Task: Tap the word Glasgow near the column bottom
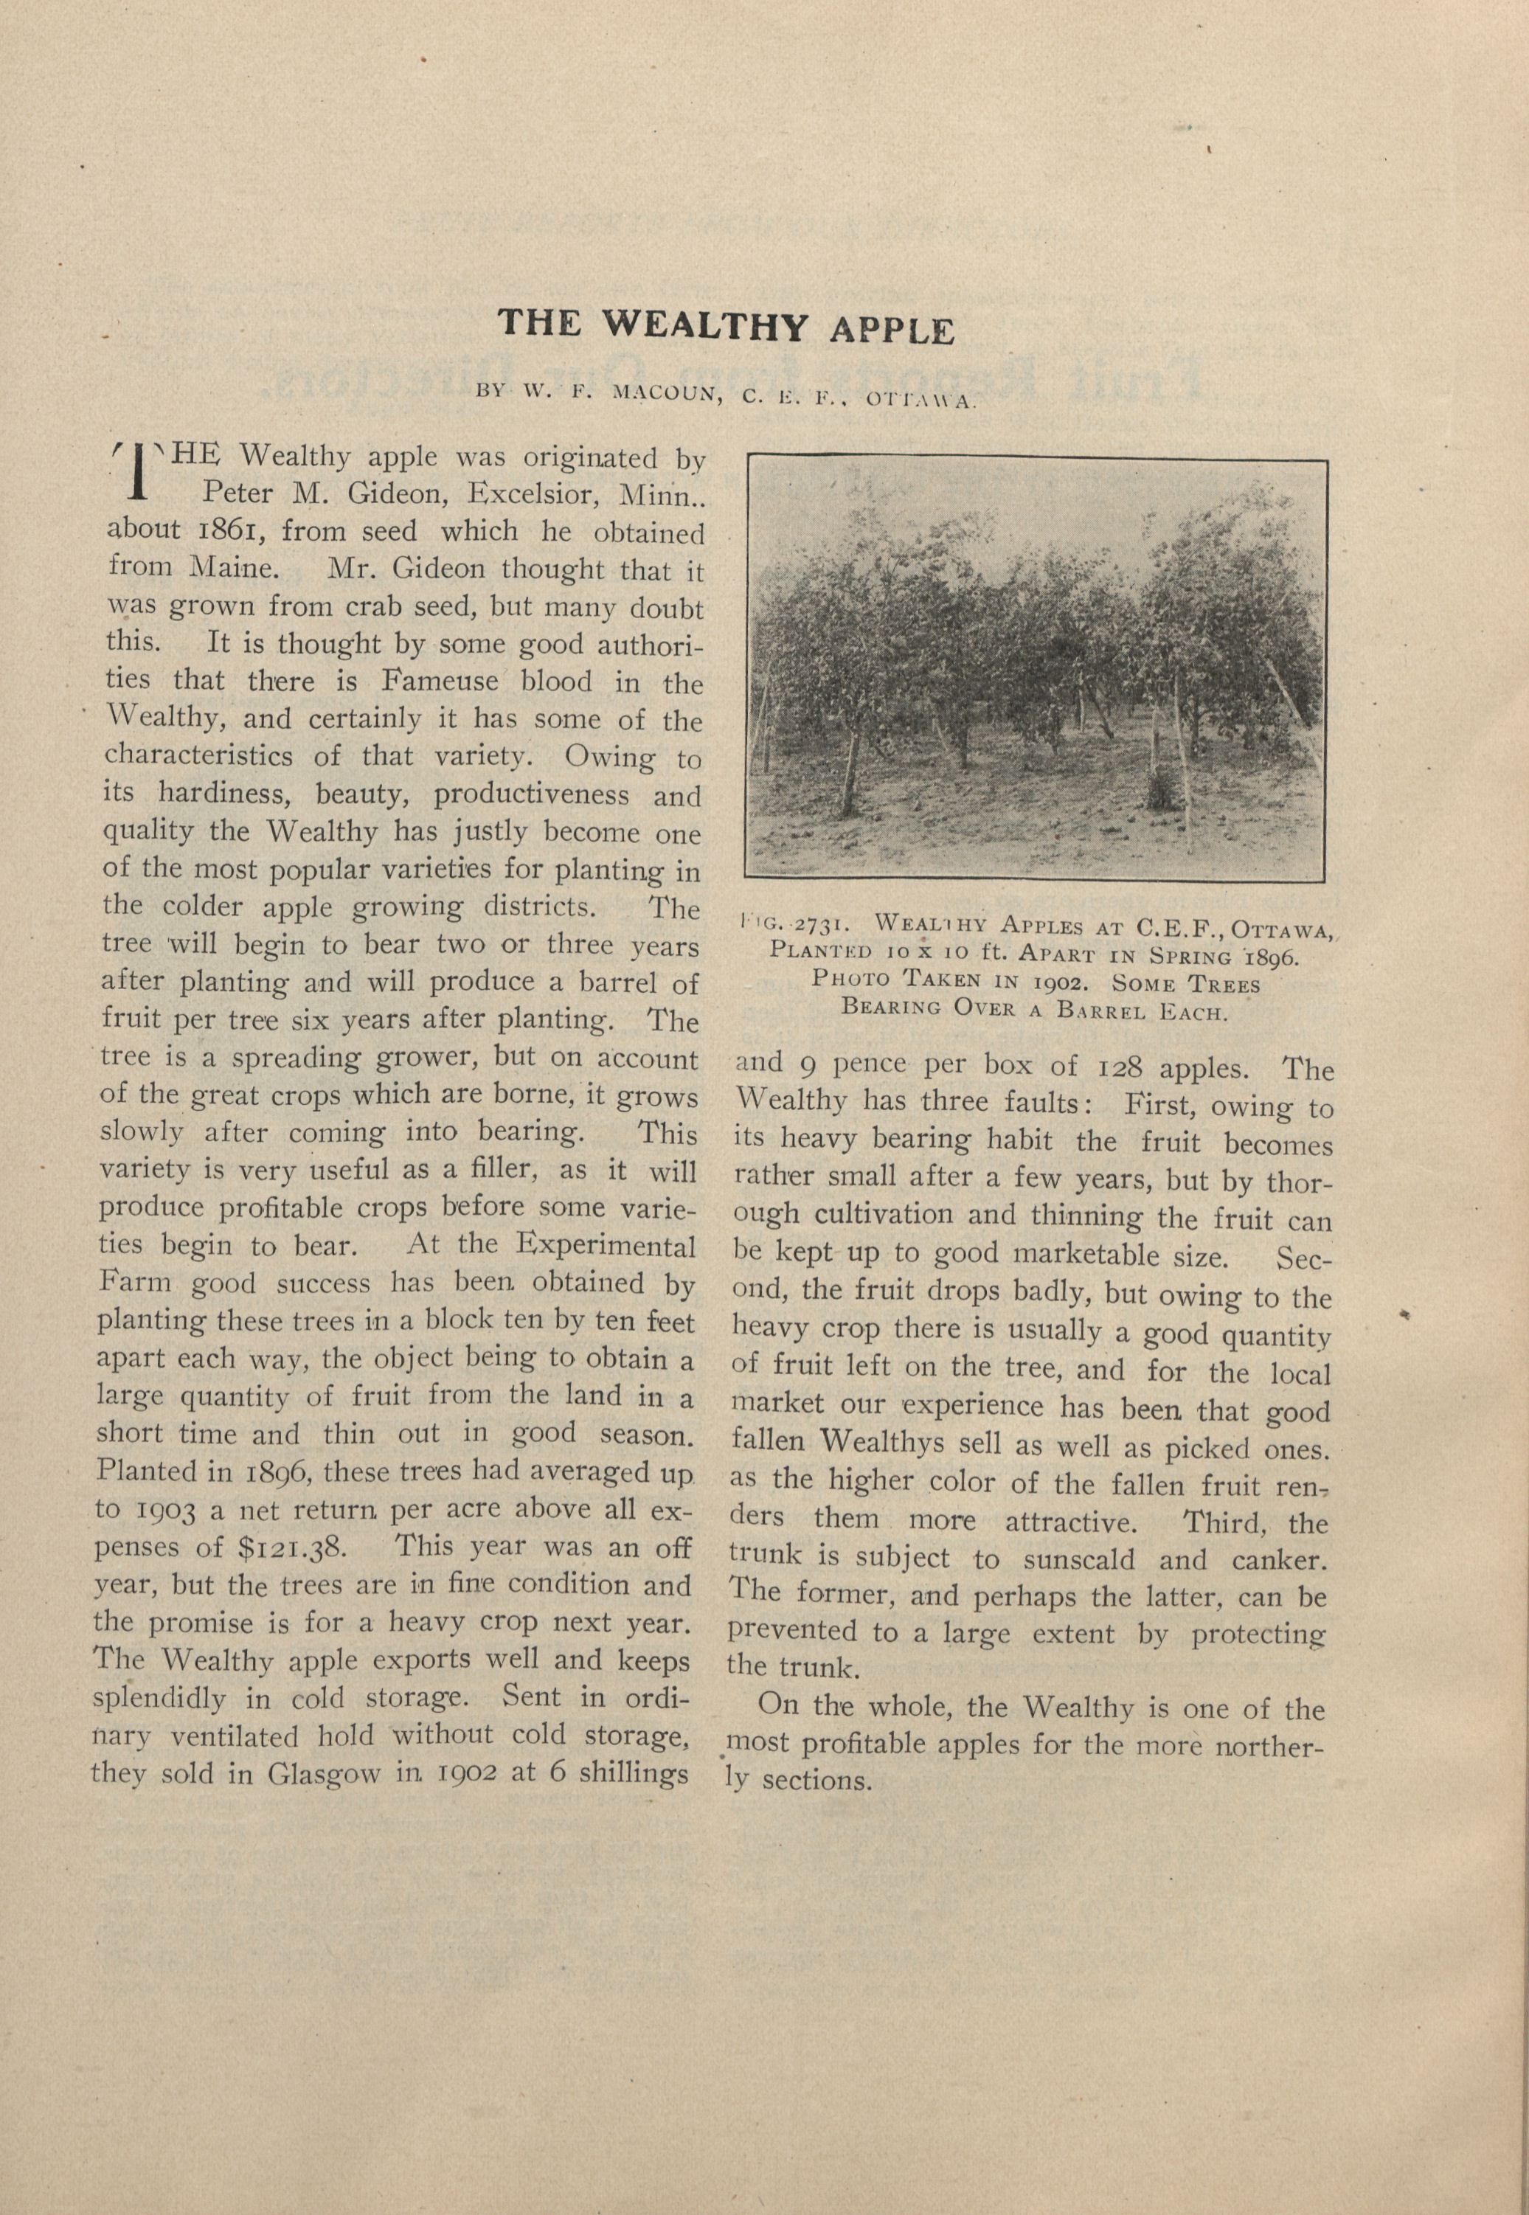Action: (x=324, y=1773)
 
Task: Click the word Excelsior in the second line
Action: (x=533, y=494)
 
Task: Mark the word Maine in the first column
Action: (x=234, y=568)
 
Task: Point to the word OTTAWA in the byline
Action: (x=920, y=400)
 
